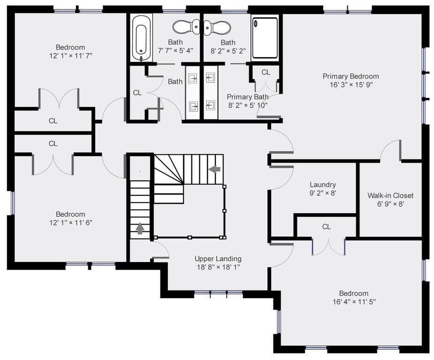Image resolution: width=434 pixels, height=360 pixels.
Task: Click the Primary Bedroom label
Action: (350, 76)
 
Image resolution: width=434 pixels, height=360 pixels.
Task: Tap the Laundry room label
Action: (323, 185)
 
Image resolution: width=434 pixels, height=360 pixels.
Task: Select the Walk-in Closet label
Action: (390, 195)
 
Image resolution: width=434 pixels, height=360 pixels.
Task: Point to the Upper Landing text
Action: (218, 259)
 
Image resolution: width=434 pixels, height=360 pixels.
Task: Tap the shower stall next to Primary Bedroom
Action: (265, 38)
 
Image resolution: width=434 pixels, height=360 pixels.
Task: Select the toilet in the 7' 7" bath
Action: (186, 27)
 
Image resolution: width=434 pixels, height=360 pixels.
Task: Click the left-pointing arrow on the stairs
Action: (214, 169)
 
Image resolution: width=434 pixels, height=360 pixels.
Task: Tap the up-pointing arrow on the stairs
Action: (140, 229)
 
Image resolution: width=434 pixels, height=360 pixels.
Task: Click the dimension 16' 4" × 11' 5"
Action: (354, 301)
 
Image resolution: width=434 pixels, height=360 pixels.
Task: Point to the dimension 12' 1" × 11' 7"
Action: (70, 56)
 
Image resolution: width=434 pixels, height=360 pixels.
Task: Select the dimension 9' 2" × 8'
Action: (323, 193)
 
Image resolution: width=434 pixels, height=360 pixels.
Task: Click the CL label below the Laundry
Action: (327, 227)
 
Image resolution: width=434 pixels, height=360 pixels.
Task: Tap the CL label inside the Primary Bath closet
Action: (266, 72)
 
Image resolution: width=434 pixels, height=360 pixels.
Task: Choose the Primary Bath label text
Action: (248, 97)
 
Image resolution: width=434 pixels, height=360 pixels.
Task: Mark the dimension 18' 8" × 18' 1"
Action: (218, 267)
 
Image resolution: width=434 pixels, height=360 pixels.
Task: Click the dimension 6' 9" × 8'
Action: (390, 204)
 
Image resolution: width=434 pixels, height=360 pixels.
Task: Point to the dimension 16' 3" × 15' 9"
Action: (351, 84)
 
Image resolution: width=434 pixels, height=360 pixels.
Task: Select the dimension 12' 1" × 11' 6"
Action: (70, 223)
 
